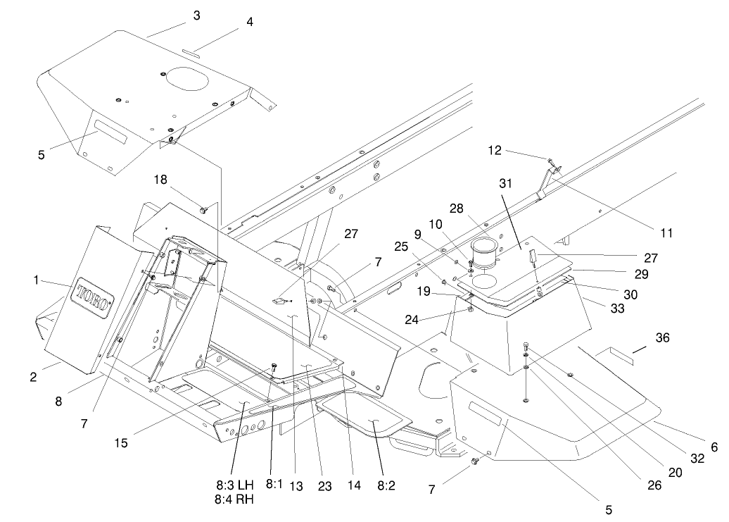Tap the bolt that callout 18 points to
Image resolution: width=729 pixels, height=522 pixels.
tap(203, 209)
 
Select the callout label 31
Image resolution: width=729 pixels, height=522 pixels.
tap(505, 182)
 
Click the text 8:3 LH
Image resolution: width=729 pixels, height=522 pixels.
tap(234, 486)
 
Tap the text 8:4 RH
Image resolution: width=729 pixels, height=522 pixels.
tap(234, 500)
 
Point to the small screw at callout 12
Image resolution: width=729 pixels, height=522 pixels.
tap(550, 162)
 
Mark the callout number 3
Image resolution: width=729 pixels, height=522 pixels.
tap(196, 15)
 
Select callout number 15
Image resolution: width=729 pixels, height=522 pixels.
tap(122, 443)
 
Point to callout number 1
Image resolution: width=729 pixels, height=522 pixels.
tap(35, 280)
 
